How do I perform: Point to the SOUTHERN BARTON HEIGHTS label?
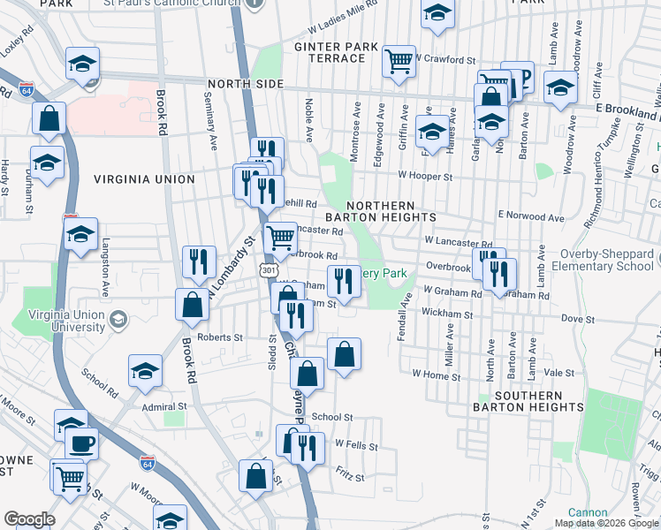pyautogui.click(x=528, y=401)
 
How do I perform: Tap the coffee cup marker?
pyautogui.click(x=82, y=443)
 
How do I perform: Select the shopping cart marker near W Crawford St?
pyautogui.click(x=399, y=61)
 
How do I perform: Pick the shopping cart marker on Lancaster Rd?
pyautogui.click(x=280, y=237)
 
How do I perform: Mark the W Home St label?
pyautogui.click(x=437, y=374)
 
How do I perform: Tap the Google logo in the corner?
pyautogui.click(x=29, y=519)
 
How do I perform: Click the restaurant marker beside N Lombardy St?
pyautogui.click(x=198, y=261)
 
